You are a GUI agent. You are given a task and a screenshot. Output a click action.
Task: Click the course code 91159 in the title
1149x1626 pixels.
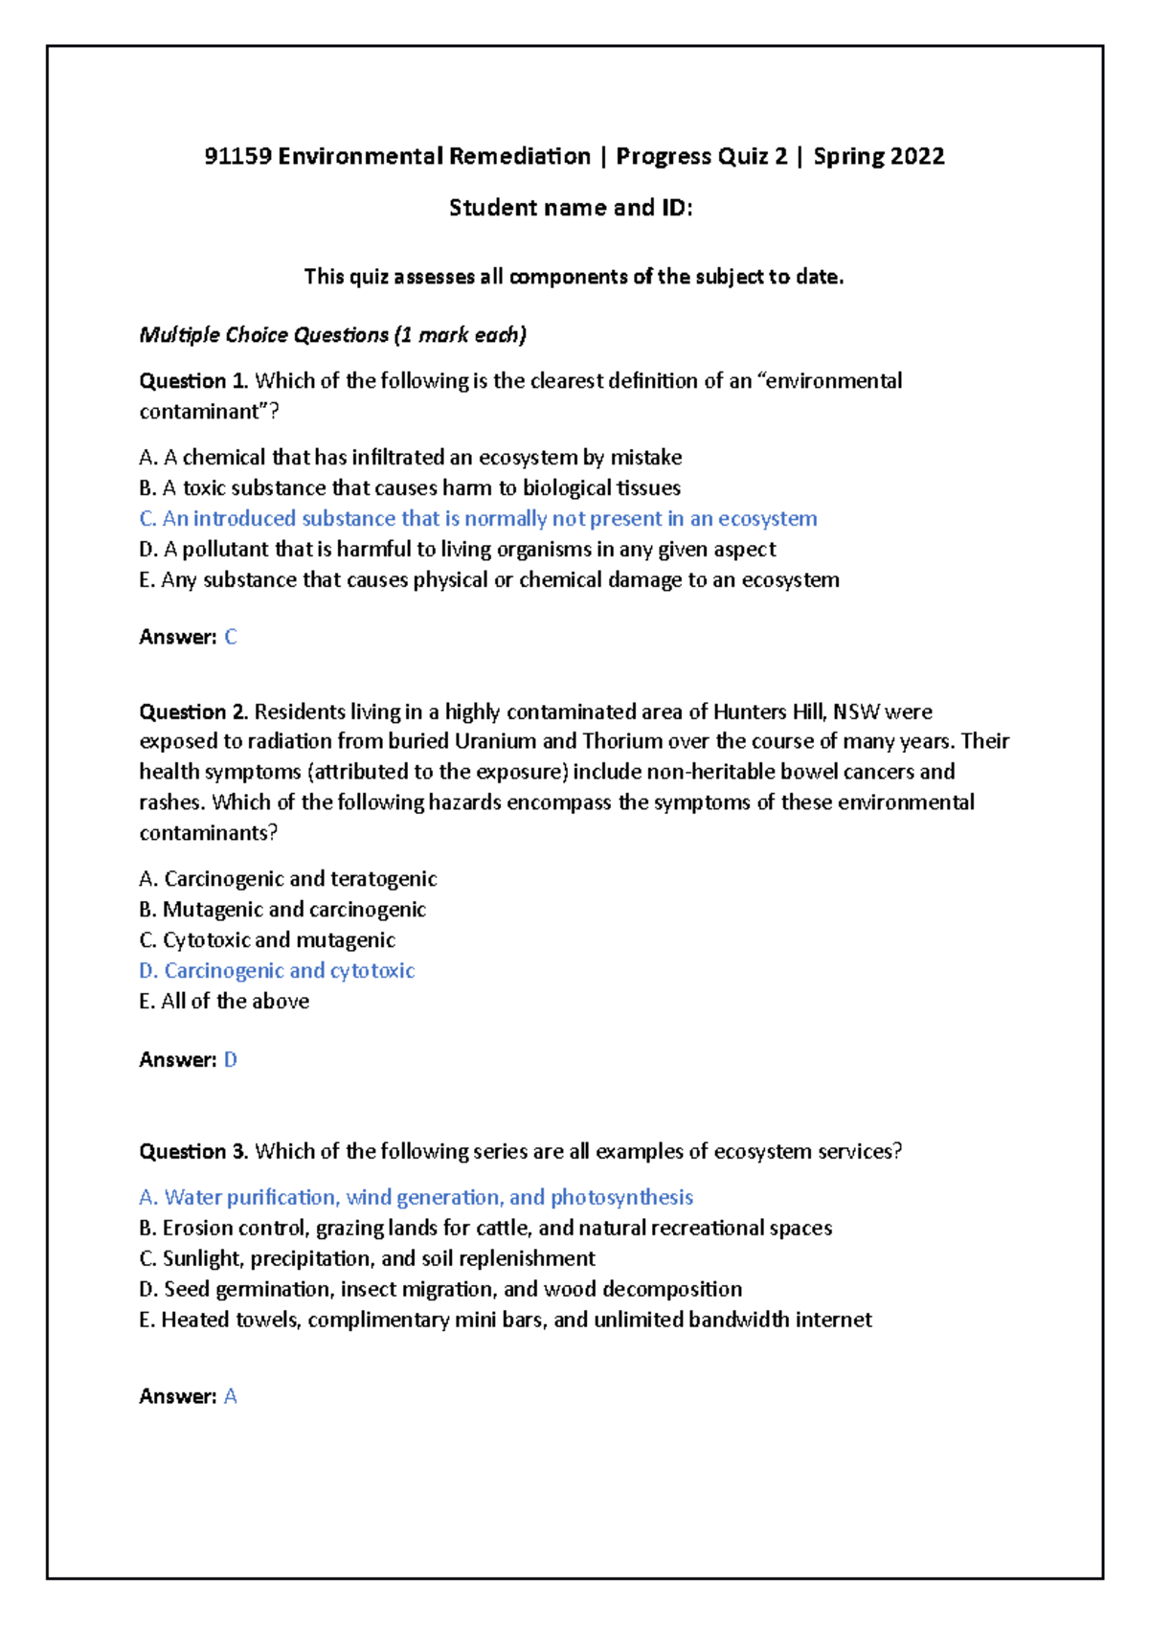click(x=237, y=156)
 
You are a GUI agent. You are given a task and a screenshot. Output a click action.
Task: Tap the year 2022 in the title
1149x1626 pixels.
click(x=916, y=156)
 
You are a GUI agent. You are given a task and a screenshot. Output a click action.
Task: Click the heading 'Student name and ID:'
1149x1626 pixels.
click(x=571, y=208)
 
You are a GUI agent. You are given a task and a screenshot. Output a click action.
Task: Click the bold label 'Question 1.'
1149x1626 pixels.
click(x=194, y=381)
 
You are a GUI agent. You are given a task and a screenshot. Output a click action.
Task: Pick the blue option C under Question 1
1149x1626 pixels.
click(x=478, y=519)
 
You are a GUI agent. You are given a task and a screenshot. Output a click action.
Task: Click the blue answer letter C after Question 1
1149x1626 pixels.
click(x=230, y=637)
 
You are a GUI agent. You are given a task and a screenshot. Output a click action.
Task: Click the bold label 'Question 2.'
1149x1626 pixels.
click(x=194, y=711)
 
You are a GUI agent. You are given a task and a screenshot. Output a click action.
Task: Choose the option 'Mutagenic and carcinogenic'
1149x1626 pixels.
click(x=282, y=910)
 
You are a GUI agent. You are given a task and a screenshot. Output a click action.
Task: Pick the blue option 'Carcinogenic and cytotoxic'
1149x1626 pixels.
click(x=277, y=971)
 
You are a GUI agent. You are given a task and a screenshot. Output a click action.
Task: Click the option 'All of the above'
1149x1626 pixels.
click(x=224, y=1002)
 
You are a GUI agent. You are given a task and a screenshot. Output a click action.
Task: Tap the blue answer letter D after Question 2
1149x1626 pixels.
click(x=230, y=1060)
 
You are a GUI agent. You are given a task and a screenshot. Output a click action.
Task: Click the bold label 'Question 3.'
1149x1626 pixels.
click(x=194, y=1152)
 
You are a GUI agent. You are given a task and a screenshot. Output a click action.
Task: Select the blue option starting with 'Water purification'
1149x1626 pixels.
click(x=416, y=1198)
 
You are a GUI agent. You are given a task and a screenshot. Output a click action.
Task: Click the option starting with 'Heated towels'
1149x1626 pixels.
click(x=505, y=1321)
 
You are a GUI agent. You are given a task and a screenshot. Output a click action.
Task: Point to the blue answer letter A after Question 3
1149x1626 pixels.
click(x=230, y=1397)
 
